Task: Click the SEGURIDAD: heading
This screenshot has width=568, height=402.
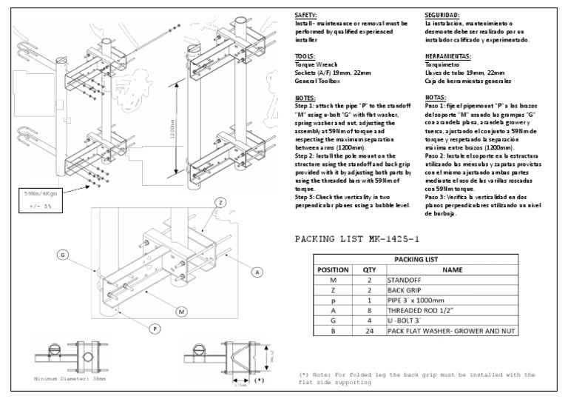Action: [442, 15]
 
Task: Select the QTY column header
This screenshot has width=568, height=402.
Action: [368, 270]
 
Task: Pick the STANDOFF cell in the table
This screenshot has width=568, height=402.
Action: [405, 281]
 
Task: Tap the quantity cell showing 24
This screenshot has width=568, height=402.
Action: [368, 333]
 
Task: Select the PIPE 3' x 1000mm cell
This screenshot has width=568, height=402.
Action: [417, 302]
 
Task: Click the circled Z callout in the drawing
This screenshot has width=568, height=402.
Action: [220, 203]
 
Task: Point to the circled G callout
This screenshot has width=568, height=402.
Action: [63, 255]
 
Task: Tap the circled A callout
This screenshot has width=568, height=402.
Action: [257, 272]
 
